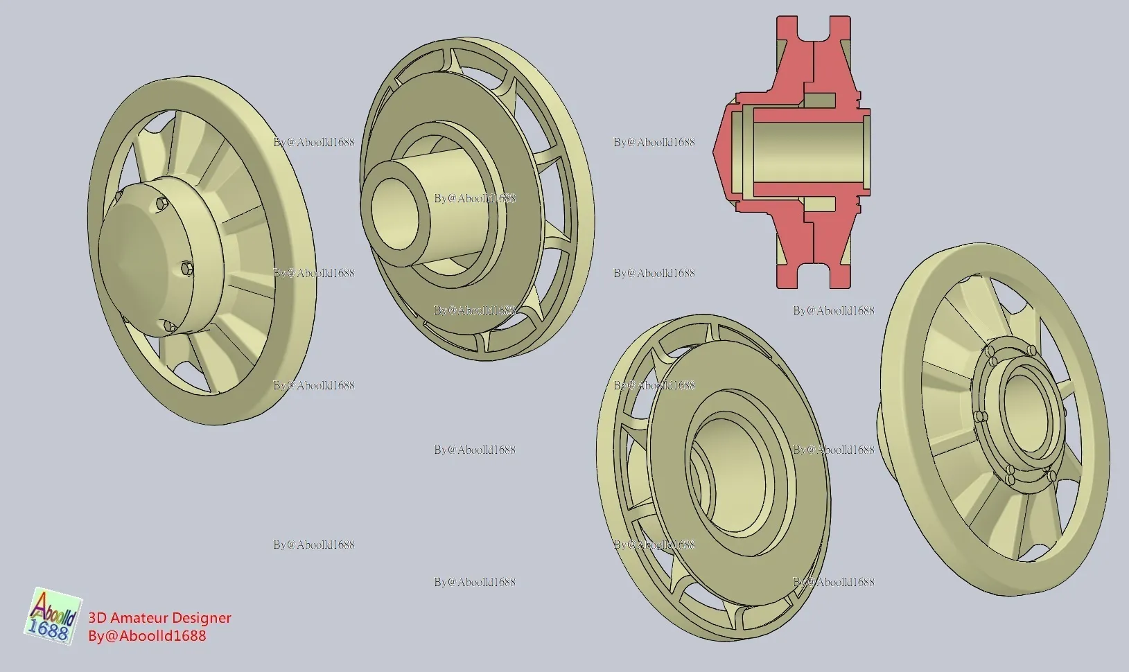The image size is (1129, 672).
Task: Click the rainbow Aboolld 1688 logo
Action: tap(53, 616)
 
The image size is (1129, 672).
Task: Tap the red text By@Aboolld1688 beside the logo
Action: tap(147, 636)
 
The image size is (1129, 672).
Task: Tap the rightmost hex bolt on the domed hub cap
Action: tap(186, 269)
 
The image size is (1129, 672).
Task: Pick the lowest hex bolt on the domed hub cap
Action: tap(171, 328)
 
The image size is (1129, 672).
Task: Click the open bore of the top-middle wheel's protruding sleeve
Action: tap(394, 213)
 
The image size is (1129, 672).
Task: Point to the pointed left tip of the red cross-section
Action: tap(713, 150)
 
